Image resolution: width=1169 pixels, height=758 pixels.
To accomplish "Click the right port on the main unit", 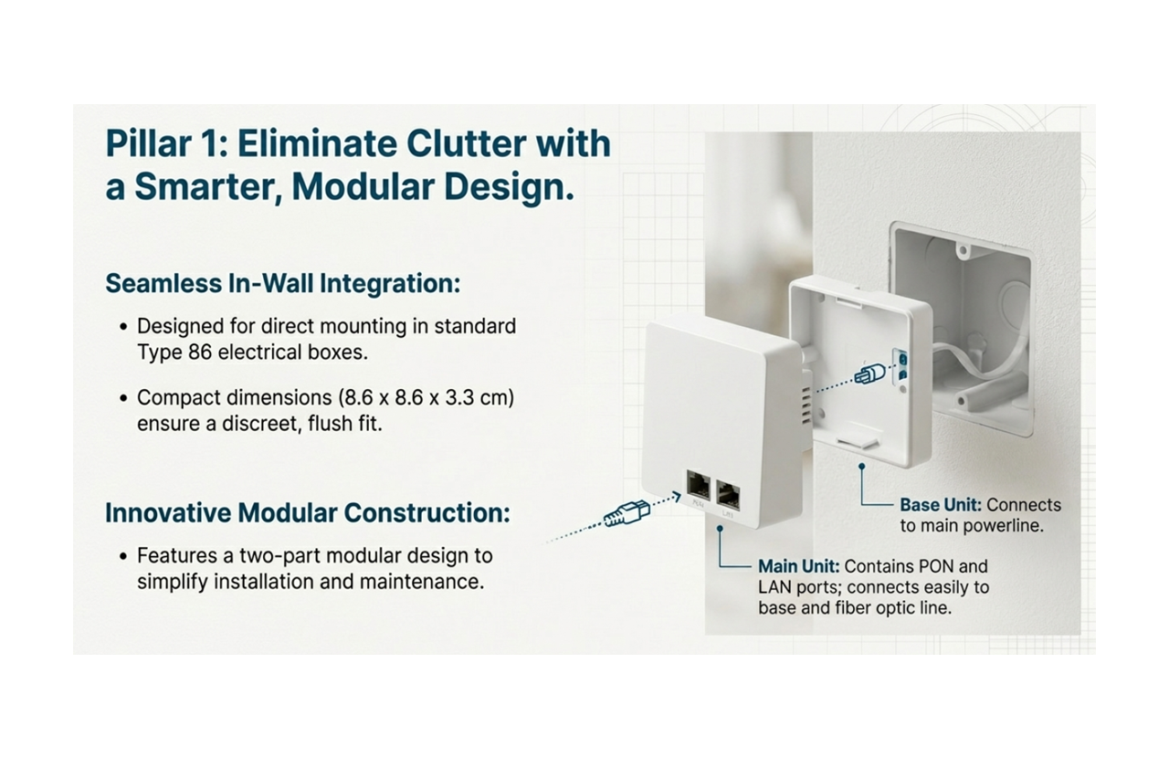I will click(x=729, y=493).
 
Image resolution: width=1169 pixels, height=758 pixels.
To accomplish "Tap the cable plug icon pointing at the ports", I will click(x=625, y=515).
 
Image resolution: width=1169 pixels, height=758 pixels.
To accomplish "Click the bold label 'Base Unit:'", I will click(x=941, y=505).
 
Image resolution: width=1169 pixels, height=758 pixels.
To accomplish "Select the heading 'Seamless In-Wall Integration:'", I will click(x=282, y=283).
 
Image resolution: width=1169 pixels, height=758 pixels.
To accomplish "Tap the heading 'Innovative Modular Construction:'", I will click(x=308, y=512).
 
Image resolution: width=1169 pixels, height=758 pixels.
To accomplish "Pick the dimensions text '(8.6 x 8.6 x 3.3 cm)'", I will click(x=425, y=398).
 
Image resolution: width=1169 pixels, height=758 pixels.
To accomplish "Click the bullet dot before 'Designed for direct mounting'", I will click(x=123, y=326).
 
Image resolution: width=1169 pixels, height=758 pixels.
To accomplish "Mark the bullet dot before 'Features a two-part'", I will click(x=123, y=556).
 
